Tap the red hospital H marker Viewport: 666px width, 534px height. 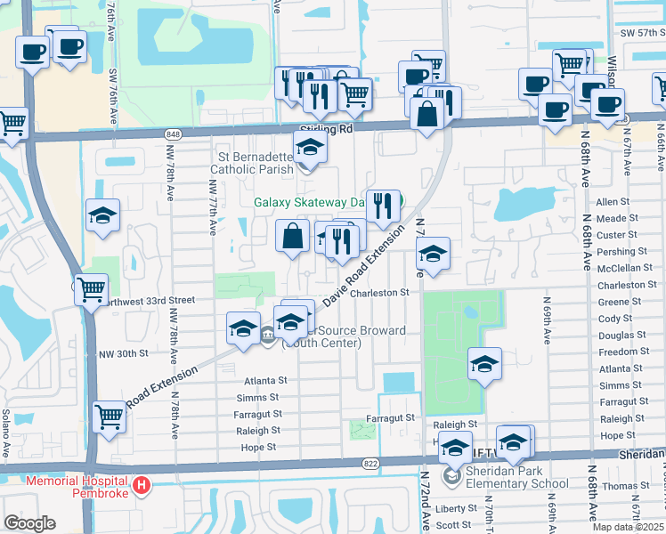coord(141,486)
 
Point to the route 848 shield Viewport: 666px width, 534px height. coord(173,133)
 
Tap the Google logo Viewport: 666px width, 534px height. coord(29,523)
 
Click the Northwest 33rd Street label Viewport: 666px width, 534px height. coord(148,301)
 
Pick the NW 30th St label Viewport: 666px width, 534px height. coord(123,353)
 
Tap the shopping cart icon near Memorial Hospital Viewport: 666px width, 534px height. coord(109,417)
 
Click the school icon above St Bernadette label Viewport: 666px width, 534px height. coord(311,147)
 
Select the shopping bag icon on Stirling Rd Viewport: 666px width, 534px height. coord(428,114)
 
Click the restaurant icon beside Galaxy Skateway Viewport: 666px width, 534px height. coord(383,206)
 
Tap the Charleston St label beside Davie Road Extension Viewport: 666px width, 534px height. coord(378,292)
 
